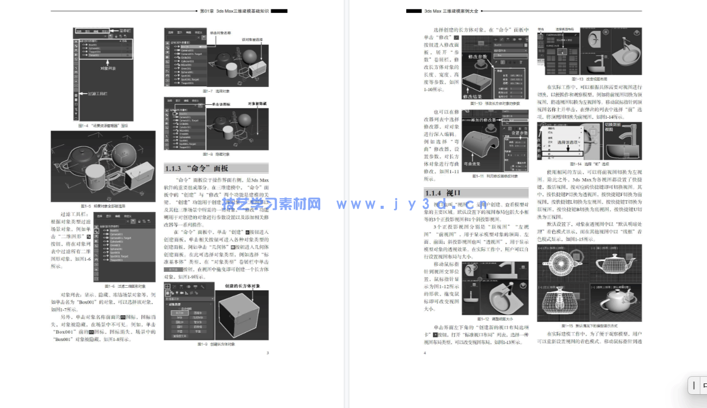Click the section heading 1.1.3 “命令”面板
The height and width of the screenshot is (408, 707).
[196, 168]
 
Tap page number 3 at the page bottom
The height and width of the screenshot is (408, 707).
[268, 353]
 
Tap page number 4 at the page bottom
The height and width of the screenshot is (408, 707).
[425, 353]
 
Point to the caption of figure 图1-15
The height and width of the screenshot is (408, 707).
[589, 325]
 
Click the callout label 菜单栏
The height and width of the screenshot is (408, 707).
[125, 31]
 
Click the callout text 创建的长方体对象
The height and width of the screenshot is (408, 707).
[242, 286]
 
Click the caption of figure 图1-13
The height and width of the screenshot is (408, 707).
[589, 79]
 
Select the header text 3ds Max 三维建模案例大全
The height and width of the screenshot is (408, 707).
[452, 10]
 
